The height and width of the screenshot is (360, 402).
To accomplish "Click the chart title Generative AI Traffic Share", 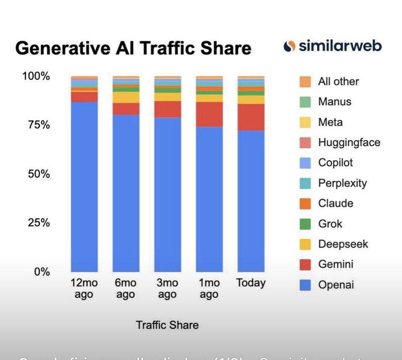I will (x=133, y=48).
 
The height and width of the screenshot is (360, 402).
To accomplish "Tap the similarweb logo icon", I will (x=289, y=46).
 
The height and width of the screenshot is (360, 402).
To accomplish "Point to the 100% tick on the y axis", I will (x=35, y=76).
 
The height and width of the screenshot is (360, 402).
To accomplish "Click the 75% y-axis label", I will (x=35, y=125).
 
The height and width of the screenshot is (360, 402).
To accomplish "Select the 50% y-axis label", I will (x=35, y=174).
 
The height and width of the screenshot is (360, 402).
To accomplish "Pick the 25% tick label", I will (x=35, y=222).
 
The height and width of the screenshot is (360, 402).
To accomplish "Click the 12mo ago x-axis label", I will (x=84, y=289).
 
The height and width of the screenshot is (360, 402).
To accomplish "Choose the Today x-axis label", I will (x=251, y=283).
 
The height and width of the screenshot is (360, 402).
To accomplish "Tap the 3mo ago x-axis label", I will (x=167, y=289).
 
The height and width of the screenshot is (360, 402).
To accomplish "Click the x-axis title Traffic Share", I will (x=167, y=325).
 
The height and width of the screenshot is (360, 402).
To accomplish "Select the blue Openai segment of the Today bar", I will (x=251, y=201).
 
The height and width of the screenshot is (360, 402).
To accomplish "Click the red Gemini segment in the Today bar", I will (x=251, y=117).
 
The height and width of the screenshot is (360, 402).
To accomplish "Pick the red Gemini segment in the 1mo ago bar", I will (x=209, y=114).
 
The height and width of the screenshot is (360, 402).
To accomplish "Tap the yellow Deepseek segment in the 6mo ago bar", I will (x=126, y=97).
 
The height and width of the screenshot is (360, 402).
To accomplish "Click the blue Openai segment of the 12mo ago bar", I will (x=84, y=186).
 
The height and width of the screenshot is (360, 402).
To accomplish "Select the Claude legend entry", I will (x=335, y=203).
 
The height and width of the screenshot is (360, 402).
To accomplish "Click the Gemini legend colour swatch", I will (x=305, y=264).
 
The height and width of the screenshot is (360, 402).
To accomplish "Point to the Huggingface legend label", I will (x=349, y=142).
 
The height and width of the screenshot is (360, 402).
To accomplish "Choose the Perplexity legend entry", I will (x=342, y=183).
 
